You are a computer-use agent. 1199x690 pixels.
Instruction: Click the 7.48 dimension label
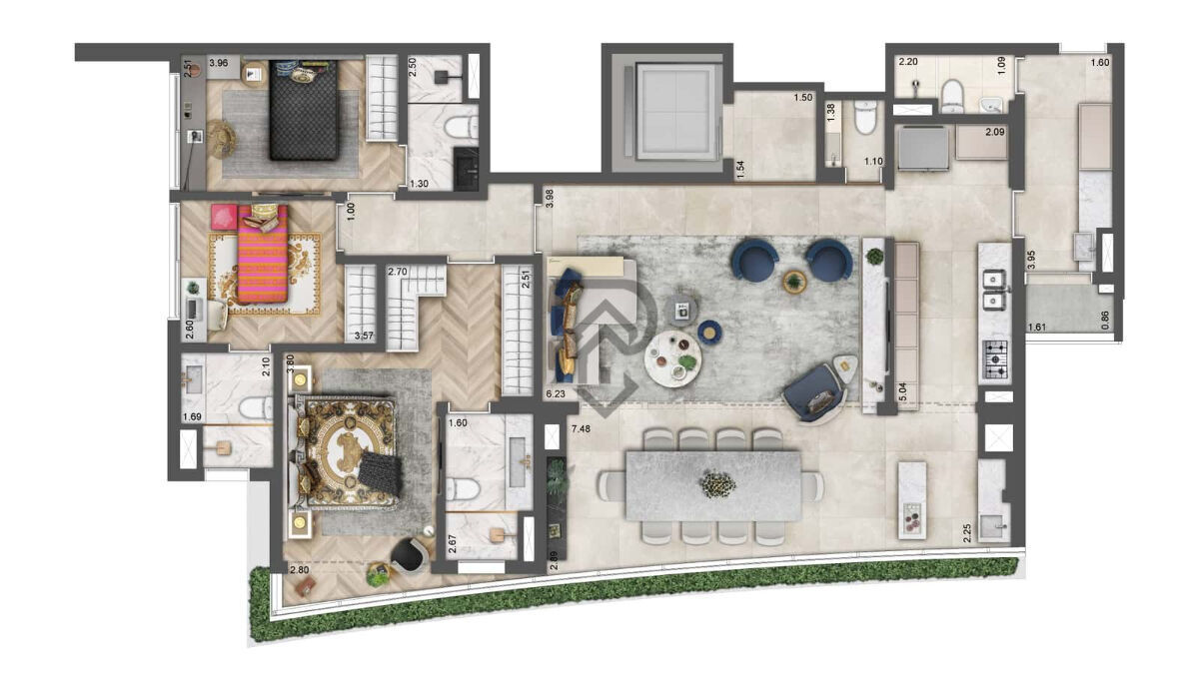pyautogui.click(x=581, y=429)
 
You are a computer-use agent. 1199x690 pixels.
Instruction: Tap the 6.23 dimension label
pyautogui.click(x=556, y=394)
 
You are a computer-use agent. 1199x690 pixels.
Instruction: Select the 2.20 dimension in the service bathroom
pyautogui.click(x=908, y=62)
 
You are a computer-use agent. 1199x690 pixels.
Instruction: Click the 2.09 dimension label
pyautogui.click(x=994, y=132)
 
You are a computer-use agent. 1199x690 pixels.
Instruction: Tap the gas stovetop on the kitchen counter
pyautogui.click(x=995, y=360)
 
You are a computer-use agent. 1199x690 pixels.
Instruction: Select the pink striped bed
pyautogui.click(x=262, y=256)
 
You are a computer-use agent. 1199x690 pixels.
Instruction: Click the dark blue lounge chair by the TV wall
pyautogui.click(x=817, y=388)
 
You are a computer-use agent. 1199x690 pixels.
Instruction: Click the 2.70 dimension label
pyautogui.click(x=397, y=272)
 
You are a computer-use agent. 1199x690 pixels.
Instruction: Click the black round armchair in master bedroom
pyautogui.click(x=409, y=554)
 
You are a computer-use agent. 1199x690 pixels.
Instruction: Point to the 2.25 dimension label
pyautogui.click(x=967, y=532)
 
